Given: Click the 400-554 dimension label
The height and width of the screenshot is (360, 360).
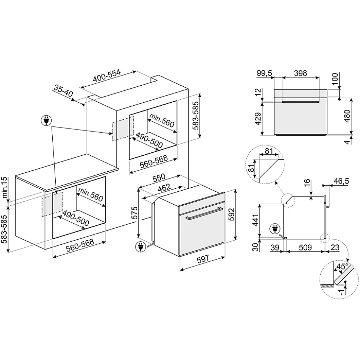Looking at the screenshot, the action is click(x=107, y=75).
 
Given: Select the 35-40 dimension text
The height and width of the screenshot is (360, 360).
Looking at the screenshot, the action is click(x=63, y=91).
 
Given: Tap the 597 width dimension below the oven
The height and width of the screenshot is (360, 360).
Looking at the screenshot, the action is click(x=203, y=259).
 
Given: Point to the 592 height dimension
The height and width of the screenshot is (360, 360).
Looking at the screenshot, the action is click(x=232, y=214).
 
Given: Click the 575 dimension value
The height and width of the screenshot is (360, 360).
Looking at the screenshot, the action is click(x=134, y=213).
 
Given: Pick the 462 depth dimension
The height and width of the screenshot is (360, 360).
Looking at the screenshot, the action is click(x=164, y=188).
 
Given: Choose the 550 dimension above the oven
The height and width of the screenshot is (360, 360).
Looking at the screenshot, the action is click(x=159, y=177).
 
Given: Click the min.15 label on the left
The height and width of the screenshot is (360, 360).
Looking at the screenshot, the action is click(x=5, y=188).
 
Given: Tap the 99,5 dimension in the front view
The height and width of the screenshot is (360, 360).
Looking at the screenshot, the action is click(x=264, y=73).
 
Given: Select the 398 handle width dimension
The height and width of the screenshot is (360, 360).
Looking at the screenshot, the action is click(x=300, y=73).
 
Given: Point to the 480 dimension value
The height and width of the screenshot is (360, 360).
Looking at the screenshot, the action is click(x=347, y=116).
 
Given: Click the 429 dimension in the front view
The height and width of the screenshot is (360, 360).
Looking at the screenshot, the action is click(x=258, y=119).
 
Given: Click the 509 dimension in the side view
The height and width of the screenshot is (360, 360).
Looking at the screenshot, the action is click(x=305, y=248).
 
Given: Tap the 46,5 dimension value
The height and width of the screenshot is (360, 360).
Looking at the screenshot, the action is click(x=341, y=181).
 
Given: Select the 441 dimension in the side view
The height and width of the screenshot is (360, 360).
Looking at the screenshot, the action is click(x=255, y=220).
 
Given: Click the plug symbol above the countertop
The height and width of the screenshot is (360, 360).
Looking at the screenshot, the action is click(x=46, y=120).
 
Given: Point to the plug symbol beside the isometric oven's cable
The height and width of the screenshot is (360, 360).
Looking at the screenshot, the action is click(x=140, y=247).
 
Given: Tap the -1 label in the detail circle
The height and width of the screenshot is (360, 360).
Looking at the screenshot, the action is click(x=342, y=291).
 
